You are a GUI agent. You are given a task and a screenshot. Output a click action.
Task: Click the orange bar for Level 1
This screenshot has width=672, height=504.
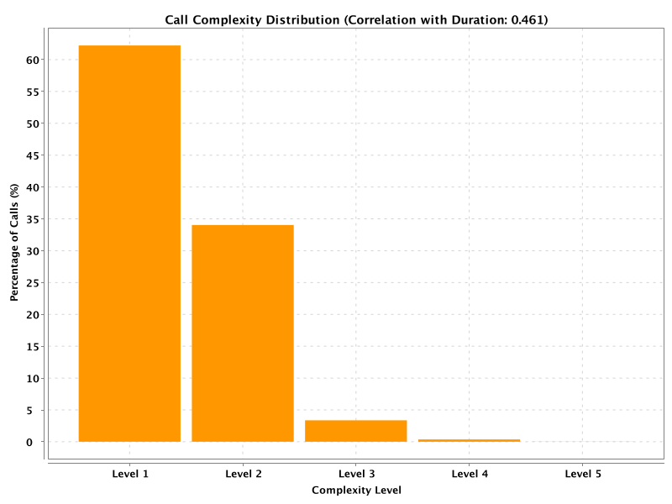[129, 244]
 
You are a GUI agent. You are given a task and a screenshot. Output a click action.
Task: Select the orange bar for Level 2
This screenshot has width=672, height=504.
[243, 333]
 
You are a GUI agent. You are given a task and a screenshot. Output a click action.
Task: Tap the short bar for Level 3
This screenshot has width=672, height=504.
[355, 431]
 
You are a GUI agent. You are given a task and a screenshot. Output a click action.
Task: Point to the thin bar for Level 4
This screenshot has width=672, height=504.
[469, 440]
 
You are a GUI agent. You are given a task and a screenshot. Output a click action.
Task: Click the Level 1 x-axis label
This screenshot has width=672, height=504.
[130, 474]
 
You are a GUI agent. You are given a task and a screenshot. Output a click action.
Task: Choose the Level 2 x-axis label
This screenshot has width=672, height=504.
[244, 474]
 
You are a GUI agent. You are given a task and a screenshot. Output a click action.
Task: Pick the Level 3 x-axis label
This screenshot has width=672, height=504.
[356, 474]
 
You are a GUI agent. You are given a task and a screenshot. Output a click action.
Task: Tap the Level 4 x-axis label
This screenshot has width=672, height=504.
[470, 474]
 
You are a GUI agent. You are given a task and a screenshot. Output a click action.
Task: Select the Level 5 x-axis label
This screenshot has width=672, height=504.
[583, 474]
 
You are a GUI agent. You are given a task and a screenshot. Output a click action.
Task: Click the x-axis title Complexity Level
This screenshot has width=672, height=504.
[356, 490]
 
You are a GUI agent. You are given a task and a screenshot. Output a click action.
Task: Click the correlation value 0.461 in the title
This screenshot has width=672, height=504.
[528, 19]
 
